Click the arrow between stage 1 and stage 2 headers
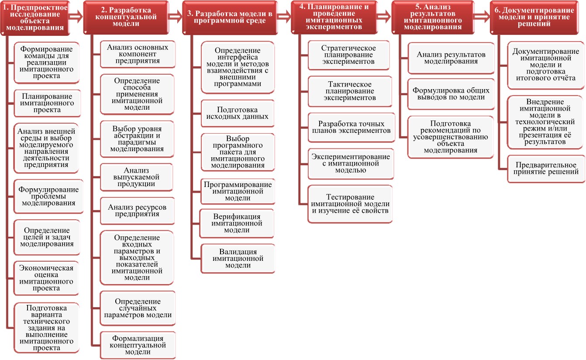tap(76, 17)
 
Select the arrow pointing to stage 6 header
tap(482, 17)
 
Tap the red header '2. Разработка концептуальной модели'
tap(126, 17)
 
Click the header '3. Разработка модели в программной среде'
tap(230, 17)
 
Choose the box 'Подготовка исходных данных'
tap(238, 113)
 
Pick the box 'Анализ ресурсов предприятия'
tap(138, 211)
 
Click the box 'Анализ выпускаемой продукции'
tap(136, 177)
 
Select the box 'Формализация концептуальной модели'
tap(138, 345)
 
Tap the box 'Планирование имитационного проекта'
tap(47, 103)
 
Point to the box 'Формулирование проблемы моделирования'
tap(48, 196)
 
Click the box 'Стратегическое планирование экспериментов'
tap(348, 55)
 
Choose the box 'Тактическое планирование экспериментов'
tap(350, 91)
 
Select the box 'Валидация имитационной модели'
tap(238, 259)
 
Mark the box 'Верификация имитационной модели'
tap(237, 223)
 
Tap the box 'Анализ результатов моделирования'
tap(451, 58)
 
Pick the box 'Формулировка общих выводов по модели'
tap(451, 94)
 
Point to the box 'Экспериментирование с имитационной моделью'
tap(351, 164)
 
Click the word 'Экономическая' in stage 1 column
tap(46, 268)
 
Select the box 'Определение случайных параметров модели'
tap(138, 308)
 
